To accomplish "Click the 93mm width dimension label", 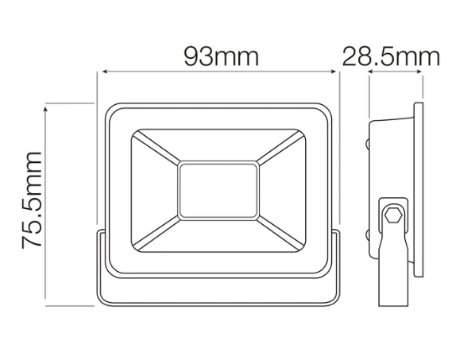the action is pos(221,56).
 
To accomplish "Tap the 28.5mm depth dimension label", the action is pos(391,56).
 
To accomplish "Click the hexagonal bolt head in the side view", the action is pos(393,215).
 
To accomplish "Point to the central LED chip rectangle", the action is pos(218,191).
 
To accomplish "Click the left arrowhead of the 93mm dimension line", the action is pos(105,72).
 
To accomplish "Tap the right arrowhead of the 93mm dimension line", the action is pos(334,72).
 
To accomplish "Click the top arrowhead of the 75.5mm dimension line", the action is pos(45,109).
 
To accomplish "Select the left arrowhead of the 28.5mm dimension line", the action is pos(371,72).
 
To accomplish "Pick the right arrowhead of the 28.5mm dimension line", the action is pos(419,72).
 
